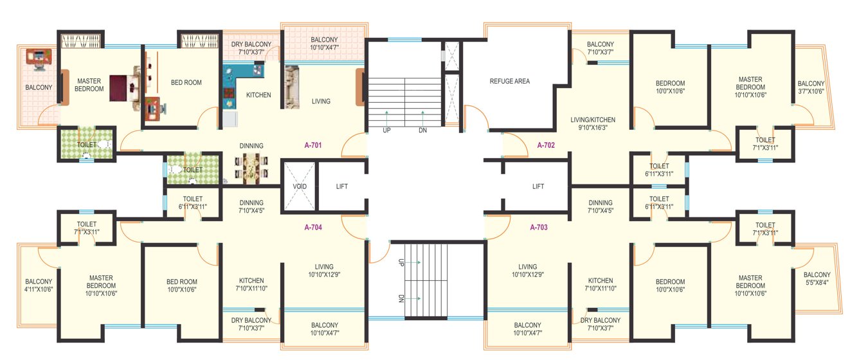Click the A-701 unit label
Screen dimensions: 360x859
[312, 145]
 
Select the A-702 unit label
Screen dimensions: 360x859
[546, 145]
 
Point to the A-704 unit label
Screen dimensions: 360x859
[313, 227]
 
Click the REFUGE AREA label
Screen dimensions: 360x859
[509, 82]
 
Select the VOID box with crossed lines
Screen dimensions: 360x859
[300, 186]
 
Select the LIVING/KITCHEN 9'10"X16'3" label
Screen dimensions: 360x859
[592, 124]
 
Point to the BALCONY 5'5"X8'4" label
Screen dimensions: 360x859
[817, 279]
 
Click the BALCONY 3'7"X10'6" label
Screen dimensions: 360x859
[811, 87]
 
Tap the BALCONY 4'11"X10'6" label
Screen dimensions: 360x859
[39, 286]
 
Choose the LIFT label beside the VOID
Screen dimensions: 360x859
[342, 186]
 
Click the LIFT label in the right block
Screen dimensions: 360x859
[538, 186]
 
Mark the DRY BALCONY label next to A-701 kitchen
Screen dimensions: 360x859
[251, 48]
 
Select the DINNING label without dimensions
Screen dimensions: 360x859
[251, 146]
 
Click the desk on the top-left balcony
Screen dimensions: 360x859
[39, 59]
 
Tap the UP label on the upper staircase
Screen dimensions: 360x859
[386, 130]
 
